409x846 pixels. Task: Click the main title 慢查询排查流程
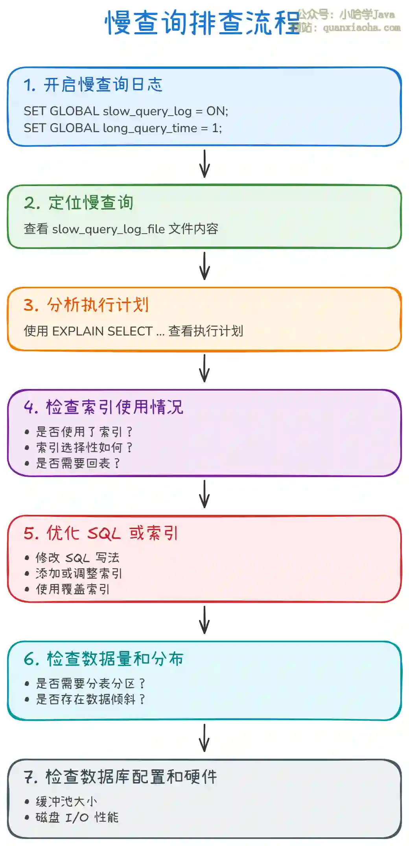203,23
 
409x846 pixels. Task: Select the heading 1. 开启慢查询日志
93,85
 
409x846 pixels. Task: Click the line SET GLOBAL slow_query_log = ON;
126,111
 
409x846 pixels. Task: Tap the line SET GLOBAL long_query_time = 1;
123,128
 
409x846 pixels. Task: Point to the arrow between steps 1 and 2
204,164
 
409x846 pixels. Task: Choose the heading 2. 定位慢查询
79,203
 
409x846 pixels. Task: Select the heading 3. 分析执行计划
86,305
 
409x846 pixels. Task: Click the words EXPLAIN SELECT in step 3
102,331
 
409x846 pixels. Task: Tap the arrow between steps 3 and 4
204,369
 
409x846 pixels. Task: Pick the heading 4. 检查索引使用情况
103,407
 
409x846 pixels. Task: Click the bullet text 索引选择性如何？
84,448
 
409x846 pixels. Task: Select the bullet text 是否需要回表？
78,463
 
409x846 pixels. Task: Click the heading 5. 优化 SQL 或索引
101,533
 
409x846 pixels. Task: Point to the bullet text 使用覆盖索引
73,589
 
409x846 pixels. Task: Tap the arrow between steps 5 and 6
204,620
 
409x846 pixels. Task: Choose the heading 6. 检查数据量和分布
103,659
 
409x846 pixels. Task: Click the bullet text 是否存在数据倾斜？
90,699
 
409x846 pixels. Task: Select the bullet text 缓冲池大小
66,802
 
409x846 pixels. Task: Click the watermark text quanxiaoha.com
361,28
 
